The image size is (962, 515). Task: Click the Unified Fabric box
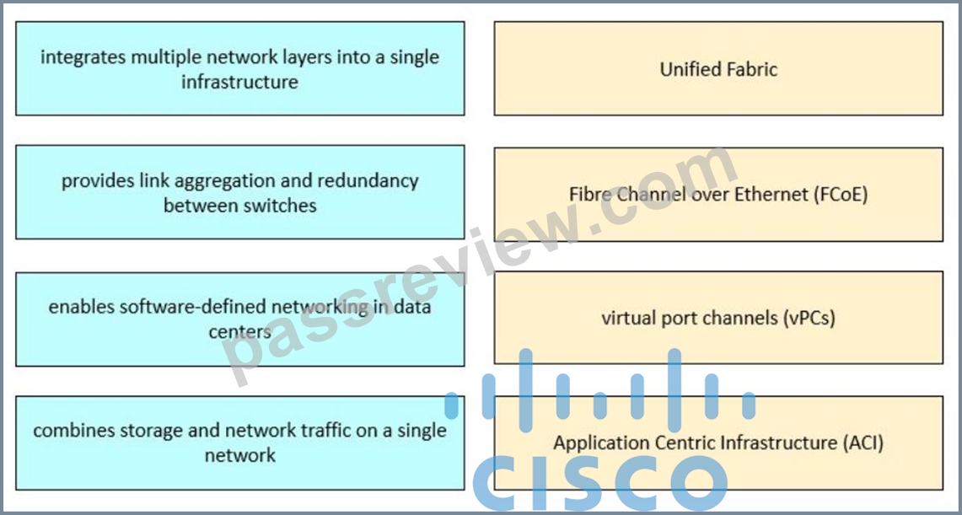click(x=718, y=68)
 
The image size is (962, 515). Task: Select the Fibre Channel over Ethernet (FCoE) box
click(x=718, y=195)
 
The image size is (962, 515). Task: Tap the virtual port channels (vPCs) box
click(x=718, y=318)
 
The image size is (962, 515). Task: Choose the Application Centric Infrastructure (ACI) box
click(x=718, y=443)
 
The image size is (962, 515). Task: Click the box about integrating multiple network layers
click(x=240, y=68)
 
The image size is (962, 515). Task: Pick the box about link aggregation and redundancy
click(x=240, y=192)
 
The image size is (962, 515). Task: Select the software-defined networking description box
click(x=240, y=319)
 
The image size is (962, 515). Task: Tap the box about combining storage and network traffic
click(x=240, y=443)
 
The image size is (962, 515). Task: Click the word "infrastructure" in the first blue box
click(x=240, y=82)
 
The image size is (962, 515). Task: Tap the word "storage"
click(x=156, y=431)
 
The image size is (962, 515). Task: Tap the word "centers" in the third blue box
click(x=240, y=332)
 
